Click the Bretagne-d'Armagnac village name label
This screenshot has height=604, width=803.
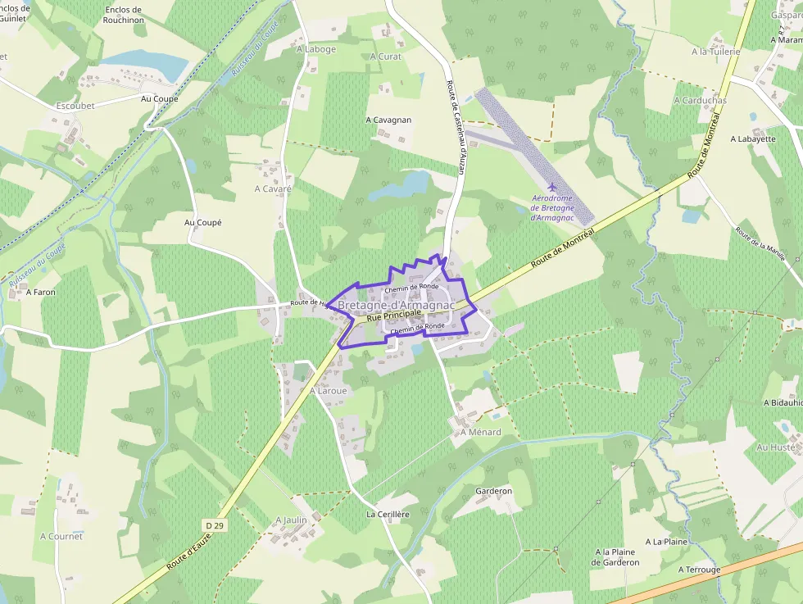pos(397,305)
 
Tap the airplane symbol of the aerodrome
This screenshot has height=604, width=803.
pos(551,188)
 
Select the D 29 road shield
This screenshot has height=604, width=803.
pos(215,524)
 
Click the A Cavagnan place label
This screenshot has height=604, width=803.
pos(388,120)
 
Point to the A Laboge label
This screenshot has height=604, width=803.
pos(316,49)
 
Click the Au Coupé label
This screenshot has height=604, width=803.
pos(203,222)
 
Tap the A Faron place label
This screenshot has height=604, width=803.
pos(40,291)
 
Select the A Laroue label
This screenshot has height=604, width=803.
pos(329,391)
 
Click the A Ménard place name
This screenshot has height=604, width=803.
pos(480,432)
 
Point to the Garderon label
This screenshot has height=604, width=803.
pos(493,491)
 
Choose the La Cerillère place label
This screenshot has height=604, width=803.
pos(388,514)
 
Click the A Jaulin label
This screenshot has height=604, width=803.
pos(291,520)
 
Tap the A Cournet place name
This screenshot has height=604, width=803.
pos(61,536)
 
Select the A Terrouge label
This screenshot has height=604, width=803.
pos(699,569)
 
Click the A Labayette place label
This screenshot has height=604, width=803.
pos(752,139)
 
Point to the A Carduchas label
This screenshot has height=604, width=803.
pos(700,100)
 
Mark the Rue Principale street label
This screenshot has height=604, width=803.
pos(394,315)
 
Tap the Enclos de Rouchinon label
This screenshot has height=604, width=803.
pos(124,16)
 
